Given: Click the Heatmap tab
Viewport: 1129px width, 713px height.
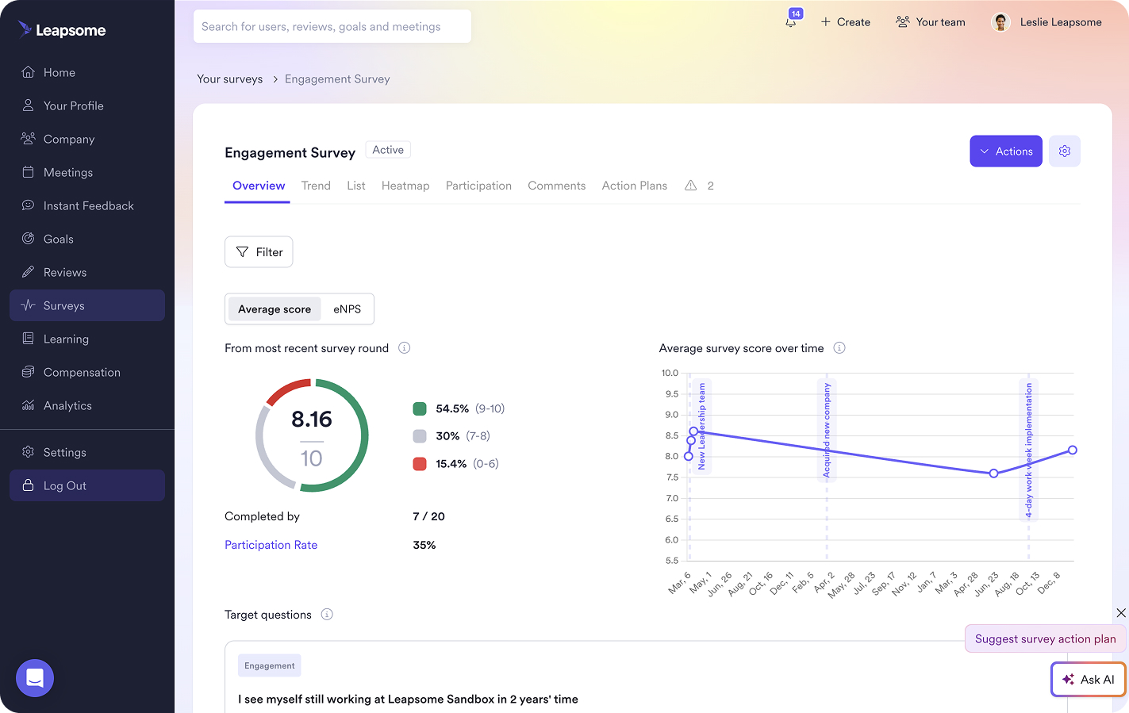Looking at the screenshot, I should [405, 186].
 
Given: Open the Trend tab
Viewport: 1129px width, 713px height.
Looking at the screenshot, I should [316, 186].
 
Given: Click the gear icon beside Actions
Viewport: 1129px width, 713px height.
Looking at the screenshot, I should [1065, 151].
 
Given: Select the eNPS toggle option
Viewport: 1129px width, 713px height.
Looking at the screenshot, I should [347, 309].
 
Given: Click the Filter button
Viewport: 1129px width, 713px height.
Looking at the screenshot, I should [259, 252].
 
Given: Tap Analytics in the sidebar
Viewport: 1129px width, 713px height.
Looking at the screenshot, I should [67, 406].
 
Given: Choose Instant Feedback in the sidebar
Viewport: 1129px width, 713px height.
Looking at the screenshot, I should [88, 206].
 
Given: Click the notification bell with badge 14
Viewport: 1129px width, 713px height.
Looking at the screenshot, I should [791, 21].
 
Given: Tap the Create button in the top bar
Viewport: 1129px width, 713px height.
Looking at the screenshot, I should [845, 22].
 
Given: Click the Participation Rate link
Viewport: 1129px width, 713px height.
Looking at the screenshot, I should [271, 545].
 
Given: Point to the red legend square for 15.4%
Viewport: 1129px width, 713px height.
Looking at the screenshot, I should [420, 464].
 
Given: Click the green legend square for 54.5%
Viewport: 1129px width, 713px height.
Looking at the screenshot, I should [420, 409].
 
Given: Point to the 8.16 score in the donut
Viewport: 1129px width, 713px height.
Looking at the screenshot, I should [312, 420].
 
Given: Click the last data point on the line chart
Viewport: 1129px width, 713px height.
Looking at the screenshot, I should [1072, 450].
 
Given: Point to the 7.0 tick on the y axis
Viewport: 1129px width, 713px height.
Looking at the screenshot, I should [672, 498].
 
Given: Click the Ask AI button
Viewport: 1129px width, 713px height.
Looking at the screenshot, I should [1088, 680].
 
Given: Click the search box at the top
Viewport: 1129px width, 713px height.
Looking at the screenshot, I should [332, 27].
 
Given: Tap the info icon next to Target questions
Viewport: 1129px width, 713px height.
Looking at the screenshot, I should [327, 615].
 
